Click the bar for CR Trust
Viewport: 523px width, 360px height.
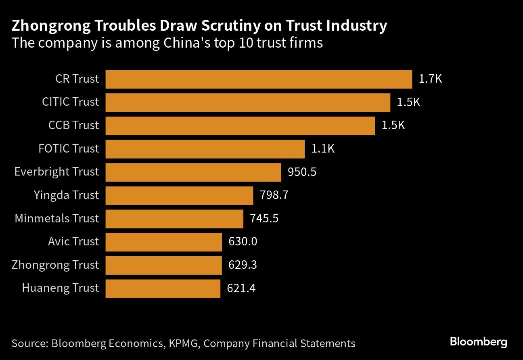coord(259,79)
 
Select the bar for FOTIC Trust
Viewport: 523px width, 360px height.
coord(205,149)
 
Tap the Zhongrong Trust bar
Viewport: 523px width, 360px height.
coord(163,265)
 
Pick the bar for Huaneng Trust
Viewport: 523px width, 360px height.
coord(163,288)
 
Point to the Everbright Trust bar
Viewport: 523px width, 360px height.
coord(193,172)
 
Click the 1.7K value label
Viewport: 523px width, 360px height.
coord(430,79)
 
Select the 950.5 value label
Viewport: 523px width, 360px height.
coord(302,172)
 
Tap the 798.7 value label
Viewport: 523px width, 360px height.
coord(274,195)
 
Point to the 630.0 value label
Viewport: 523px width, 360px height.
coord(243,242)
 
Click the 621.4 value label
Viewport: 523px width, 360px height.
coord(241,288)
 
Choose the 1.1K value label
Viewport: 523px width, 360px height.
coord(323,149)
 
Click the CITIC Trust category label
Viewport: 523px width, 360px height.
coord(70,102)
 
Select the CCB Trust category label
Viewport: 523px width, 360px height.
coord(73,126)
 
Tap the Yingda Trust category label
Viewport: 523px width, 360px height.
coord(66,195)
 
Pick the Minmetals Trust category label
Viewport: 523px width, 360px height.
coord(56,219)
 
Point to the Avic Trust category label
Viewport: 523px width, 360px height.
coord(73,242)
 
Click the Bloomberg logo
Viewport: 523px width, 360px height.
coord(478,342)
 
